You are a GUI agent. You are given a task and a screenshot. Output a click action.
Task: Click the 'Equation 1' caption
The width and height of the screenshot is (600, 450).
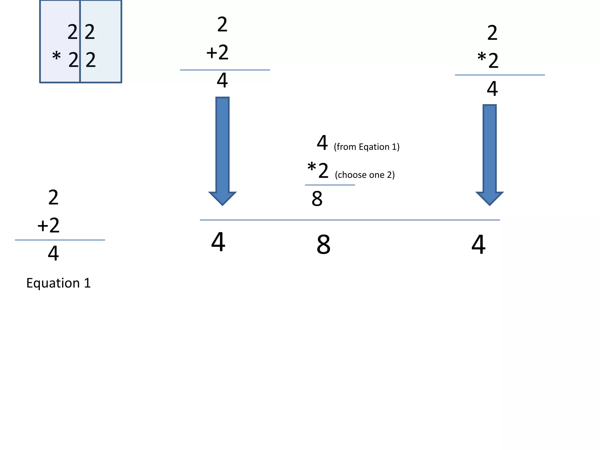(59, 283)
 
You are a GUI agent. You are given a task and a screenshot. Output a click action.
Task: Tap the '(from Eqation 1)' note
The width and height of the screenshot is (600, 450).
(367, 147)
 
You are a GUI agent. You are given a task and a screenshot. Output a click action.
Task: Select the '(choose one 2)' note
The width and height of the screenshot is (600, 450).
(365, 175)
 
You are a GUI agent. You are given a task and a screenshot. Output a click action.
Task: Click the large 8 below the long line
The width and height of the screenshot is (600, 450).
(323, 245)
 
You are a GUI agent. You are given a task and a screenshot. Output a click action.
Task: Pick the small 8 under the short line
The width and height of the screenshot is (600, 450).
(317, 199)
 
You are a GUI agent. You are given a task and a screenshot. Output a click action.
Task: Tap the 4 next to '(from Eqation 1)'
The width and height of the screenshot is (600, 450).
(322, 143)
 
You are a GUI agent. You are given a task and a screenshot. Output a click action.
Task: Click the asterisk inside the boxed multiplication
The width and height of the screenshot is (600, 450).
(56, 56)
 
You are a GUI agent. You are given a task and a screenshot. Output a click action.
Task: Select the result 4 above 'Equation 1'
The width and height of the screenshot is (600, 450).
(53, 253)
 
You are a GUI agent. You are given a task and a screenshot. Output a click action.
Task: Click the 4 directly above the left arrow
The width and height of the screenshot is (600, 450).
(222, 81)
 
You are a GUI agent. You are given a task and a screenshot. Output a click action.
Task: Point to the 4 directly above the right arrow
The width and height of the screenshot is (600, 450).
(492, 89)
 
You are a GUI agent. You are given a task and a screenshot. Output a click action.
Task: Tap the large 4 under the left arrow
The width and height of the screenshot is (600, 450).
(218, 242)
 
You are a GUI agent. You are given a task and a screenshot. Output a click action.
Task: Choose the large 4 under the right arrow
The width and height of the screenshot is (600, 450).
(478, 245)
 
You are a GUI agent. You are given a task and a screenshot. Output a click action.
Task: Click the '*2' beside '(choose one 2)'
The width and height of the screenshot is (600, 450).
(318, 171)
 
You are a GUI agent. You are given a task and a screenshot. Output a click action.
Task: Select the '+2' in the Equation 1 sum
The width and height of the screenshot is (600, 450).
(49, 226)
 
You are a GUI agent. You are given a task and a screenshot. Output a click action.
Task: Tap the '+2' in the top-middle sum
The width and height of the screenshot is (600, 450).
(217, 53)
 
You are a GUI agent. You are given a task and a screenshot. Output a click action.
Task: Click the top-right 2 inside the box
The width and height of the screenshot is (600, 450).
(90, 32)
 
